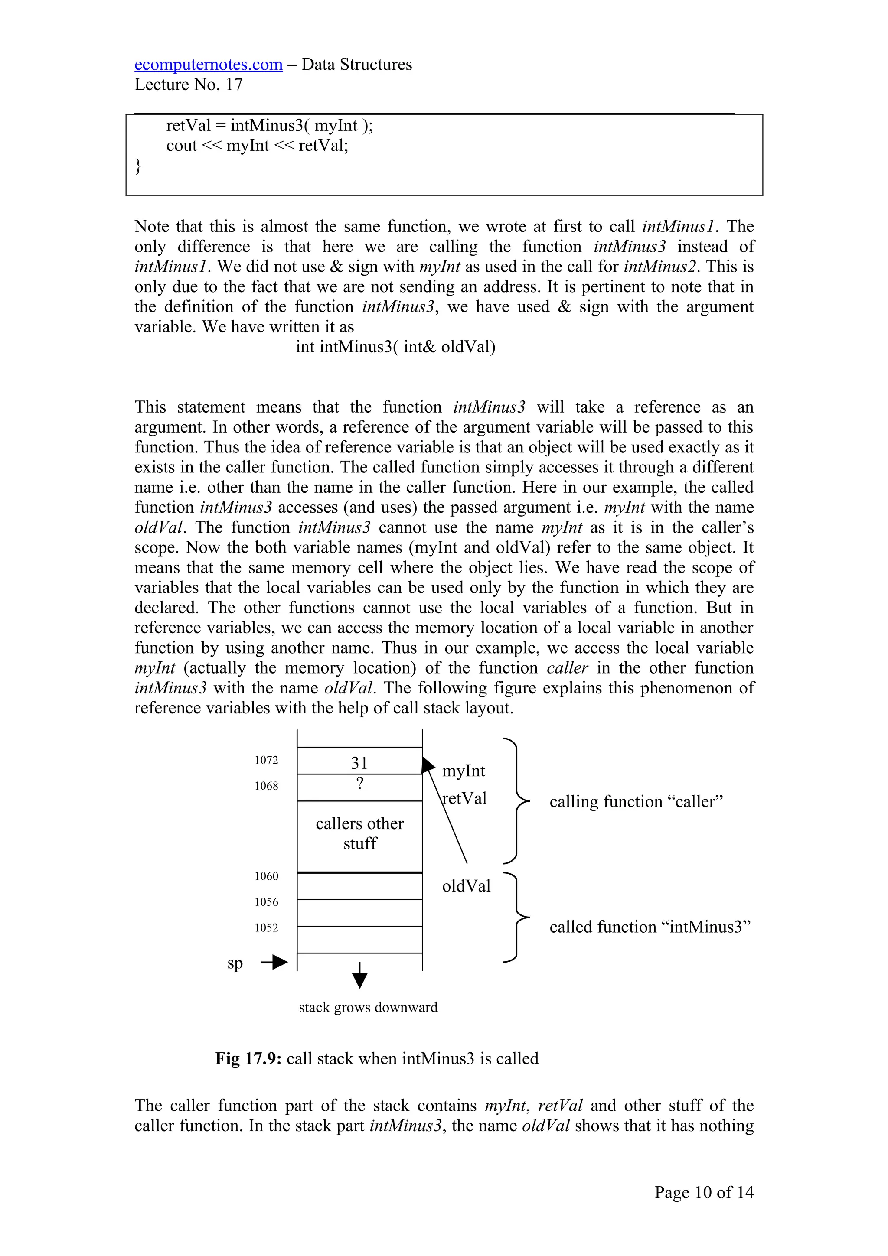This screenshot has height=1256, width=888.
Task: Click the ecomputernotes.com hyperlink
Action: (209, 65)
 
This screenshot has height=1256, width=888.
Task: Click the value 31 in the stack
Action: (359, 763)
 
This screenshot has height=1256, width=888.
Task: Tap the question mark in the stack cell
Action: (359, 784)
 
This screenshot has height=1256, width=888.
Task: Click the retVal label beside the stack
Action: (464, 798)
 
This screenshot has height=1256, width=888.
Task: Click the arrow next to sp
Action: (274, 962)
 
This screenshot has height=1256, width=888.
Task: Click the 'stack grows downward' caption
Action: (368, 1007)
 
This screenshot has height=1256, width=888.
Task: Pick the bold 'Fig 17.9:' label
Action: (248, 1058)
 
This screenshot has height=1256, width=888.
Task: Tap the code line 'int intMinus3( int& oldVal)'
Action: (395, 347)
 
